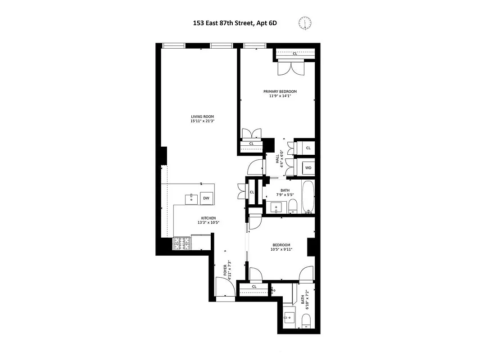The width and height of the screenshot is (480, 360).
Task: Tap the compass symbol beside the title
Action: tap(305, 22)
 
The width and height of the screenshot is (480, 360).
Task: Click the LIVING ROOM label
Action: tap(202, 117)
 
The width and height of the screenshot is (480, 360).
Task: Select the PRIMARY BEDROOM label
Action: tap(280, 91)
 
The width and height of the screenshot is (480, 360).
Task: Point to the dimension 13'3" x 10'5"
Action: tap(208, 222)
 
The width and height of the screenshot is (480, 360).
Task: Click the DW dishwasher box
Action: tap(206, 198)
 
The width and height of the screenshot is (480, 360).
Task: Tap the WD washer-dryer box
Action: tap(308, 168)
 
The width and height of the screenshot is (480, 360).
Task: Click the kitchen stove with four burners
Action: tap(182, 243)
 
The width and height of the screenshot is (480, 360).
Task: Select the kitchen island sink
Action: tap(191, 198)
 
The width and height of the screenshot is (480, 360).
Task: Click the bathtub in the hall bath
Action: tap(308, 197)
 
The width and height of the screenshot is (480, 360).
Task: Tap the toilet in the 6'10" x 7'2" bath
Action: tap(306, 320)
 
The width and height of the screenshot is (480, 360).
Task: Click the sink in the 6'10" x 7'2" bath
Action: tap(288, 318)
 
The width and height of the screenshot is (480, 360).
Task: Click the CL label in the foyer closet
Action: tap(254, 286)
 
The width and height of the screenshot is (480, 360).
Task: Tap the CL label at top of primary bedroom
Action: tap(295, 54)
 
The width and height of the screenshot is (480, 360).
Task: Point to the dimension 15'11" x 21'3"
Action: tap(202, 121)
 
